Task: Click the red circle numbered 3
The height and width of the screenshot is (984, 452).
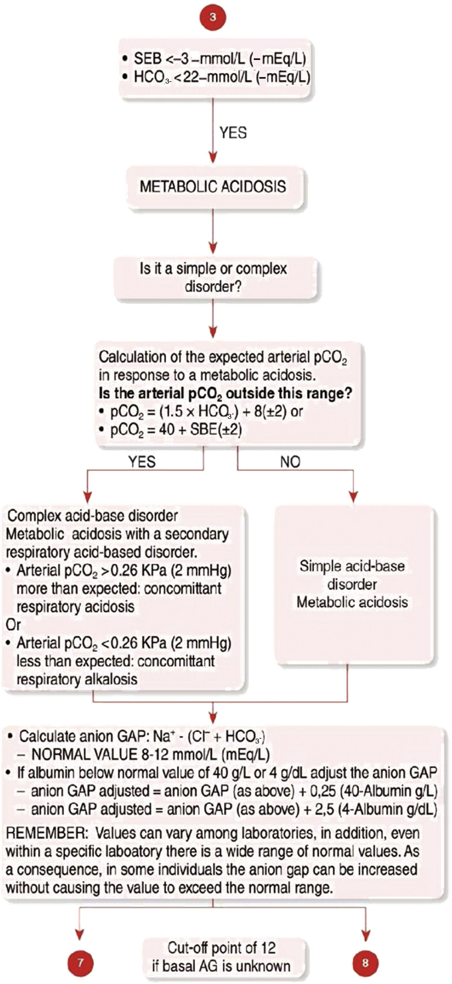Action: [213, 17]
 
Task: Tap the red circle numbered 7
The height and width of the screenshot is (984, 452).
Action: [80, 962]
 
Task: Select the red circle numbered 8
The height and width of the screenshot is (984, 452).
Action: [365, 962]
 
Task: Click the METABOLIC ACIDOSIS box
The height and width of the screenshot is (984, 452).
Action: [213, 186]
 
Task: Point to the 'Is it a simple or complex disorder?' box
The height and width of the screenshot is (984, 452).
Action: [213, 278]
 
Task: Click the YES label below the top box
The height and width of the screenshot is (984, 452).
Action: [233, 133]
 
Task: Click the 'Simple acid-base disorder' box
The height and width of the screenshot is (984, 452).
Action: [352, 584]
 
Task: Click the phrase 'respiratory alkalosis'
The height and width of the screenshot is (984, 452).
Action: [77, 679]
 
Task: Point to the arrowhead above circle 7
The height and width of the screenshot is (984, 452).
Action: [80, 932]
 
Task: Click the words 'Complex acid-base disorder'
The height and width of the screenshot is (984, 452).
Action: [93, 516]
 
